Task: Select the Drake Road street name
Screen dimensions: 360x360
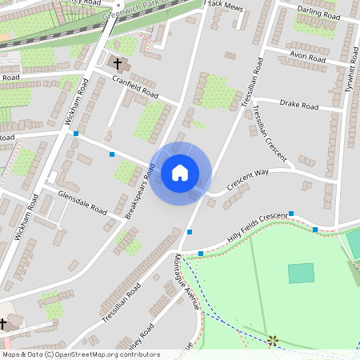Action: tap(299, 106)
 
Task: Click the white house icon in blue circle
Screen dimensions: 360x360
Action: tap(180, 172)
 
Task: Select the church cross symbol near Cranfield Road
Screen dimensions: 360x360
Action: tap(118, 63)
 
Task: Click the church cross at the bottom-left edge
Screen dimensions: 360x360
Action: tap(3, 323)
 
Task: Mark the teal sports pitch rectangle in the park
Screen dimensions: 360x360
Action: tap(302, 273)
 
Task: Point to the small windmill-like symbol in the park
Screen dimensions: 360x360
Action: tap(273, 340)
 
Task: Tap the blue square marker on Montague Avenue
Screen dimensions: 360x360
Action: tap(190, 232)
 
